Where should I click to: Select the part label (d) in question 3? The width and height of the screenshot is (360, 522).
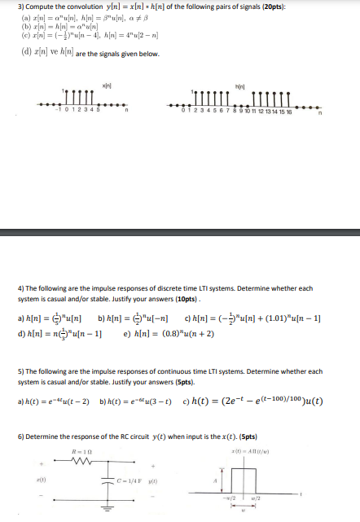[24, 55]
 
